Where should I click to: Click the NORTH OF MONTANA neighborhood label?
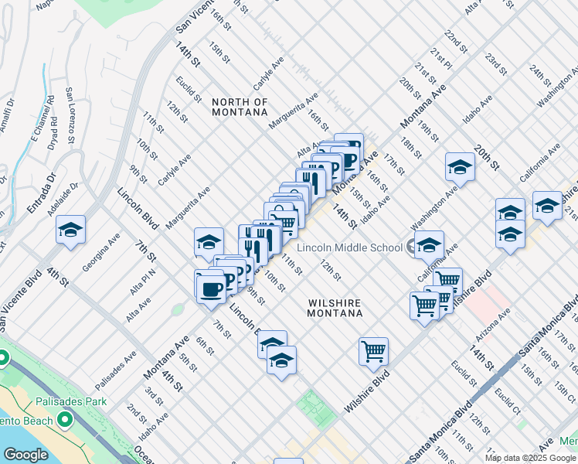tap(240, 107)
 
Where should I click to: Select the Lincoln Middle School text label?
tap(348, 247)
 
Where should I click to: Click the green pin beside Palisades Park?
tap(65, 420)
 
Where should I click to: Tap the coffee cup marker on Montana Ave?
tap(210, 288)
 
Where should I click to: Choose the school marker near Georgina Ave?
tap(70, 230)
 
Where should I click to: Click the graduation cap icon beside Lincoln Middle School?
tap(427, 246)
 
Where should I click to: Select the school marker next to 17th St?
tap(460, 166)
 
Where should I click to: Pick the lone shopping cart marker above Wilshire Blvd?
tap(374, 351)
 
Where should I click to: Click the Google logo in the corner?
tap(25, 455)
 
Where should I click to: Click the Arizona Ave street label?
tap(495, 326)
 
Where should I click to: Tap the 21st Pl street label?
tap(441, 59)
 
